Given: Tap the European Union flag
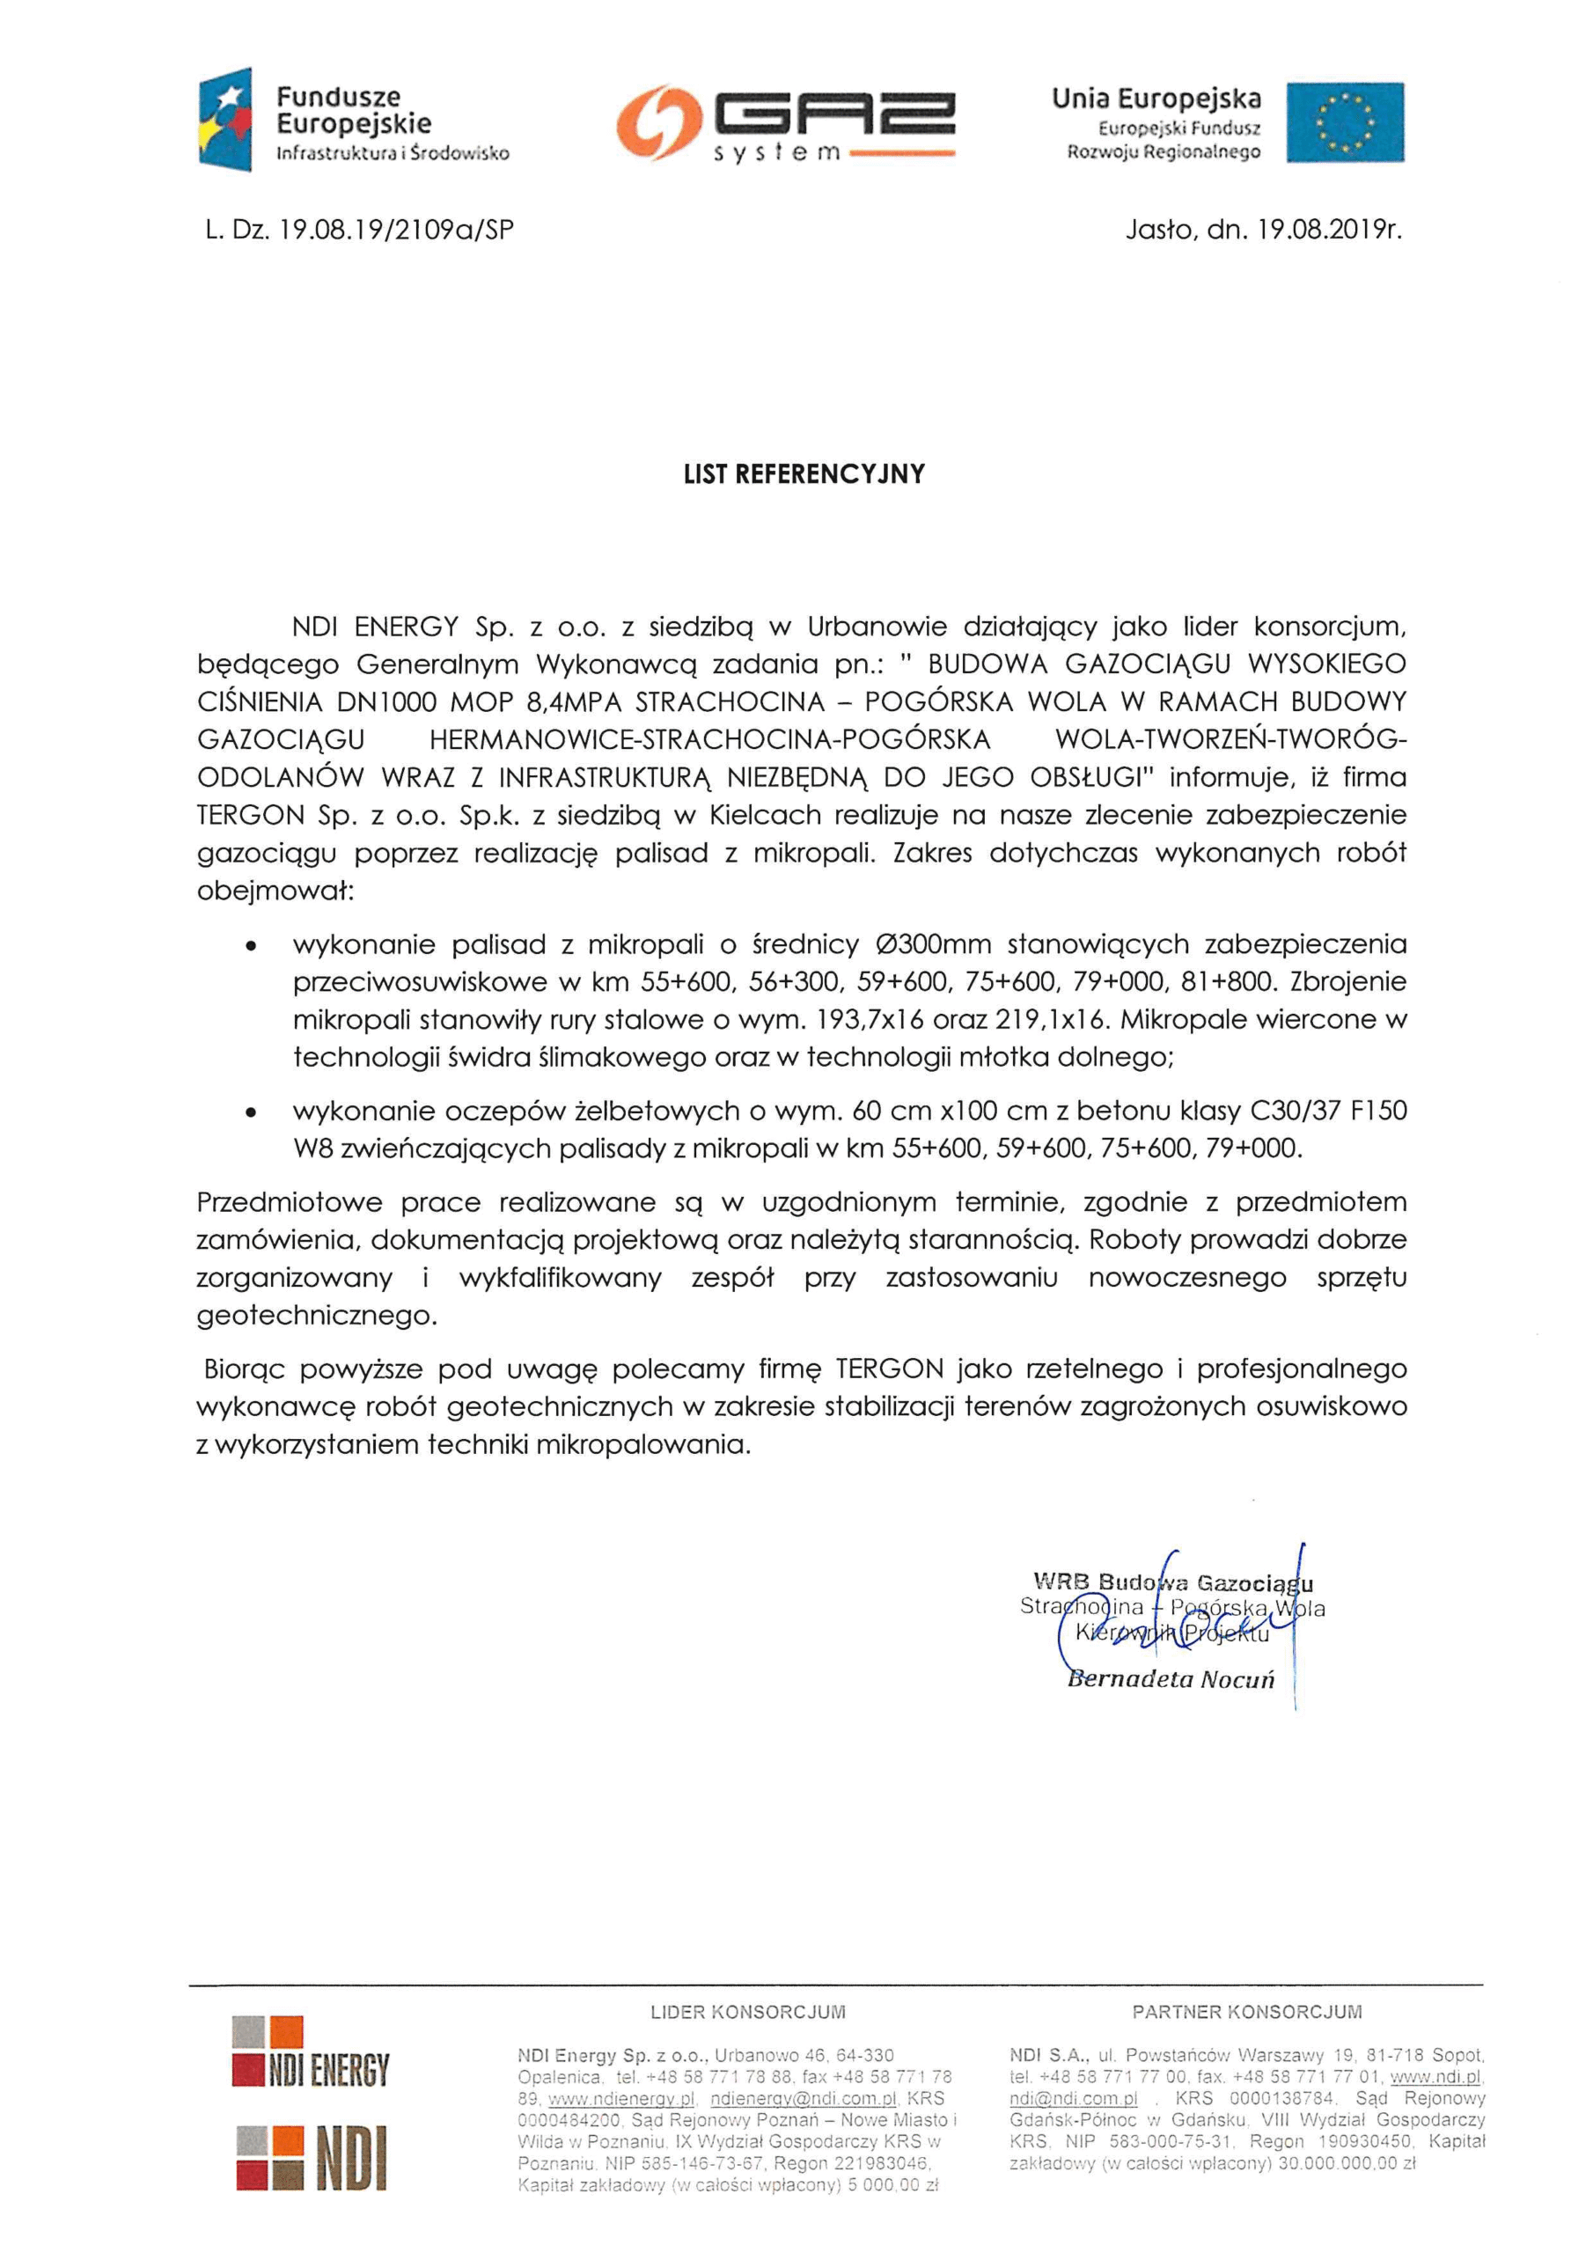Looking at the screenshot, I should [x=1345, y=121].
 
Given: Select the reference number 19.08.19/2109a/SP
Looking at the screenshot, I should [x=397, y=230].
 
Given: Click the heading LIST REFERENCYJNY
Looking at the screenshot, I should [x=804, y=475].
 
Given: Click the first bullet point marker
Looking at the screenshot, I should [x=253, y=946].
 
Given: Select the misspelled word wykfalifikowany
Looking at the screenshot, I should [x=560, y=1278].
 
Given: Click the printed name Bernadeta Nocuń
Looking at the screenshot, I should [x=1170, y=1679].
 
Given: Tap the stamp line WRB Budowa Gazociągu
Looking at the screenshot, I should [x=1172, y=1582].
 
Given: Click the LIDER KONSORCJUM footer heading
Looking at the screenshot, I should [x=748, y=2012].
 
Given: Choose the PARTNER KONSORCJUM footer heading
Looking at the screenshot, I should [x=1246, y=2012].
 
